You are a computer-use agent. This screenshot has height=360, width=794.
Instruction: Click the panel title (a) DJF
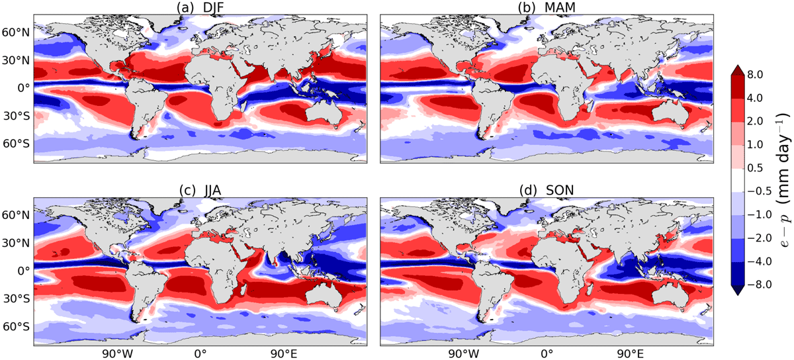click(200, 7)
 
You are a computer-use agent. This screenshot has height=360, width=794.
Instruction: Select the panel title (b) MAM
click(547, 7)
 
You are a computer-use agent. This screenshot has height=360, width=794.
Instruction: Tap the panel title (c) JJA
click(200, 191)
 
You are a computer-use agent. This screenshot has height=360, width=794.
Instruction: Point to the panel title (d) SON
click(547, 191)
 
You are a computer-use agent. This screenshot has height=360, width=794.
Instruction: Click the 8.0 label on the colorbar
click(755, 75)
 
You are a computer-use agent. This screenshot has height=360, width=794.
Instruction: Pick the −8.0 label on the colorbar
click(760, 285)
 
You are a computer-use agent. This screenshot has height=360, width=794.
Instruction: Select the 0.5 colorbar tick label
click(755, 168)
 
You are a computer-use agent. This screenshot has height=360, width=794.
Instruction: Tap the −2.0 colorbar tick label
click(760, 238)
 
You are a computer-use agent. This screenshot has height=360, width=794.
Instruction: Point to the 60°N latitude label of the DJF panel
click(16, 32)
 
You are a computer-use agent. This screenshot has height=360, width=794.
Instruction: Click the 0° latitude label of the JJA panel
click(24, 271)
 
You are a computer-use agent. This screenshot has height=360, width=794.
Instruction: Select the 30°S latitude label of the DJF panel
click(17, 116)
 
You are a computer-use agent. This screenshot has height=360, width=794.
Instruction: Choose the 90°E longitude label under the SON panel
click(630, 353)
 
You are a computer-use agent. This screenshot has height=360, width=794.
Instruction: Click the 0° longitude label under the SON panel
click(547, 353)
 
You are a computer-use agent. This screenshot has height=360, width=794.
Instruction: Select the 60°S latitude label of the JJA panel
click(17, 326)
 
